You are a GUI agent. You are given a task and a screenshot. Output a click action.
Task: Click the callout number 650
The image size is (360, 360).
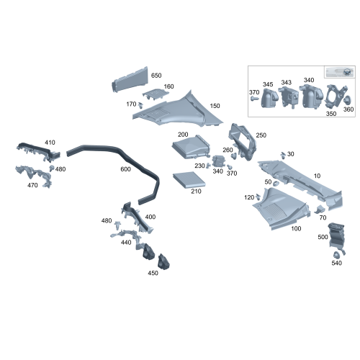pyautogui.click(x=156, y=76)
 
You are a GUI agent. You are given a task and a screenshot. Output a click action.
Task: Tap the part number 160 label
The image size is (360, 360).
pyautogui.click(x=168, y=86)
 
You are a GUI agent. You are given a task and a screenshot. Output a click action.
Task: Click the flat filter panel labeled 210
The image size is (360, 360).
pyautogui.click(x=189, y=180)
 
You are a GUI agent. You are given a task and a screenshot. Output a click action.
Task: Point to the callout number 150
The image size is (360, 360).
pyautogui.click(x=215, y=106)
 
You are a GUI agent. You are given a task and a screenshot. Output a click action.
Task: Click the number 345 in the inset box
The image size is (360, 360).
pyautogui.click(x=268, y=84)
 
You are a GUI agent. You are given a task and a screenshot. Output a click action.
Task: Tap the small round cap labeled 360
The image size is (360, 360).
pyautogui.click(x=347, y=99)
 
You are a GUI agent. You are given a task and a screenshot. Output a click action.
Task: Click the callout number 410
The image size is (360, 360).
pyautogui.click(x=50, y=143)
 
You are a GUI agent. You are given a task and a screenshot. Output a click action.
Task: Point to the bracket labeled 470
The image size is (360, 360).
pyautogui.click(x=34, y=175)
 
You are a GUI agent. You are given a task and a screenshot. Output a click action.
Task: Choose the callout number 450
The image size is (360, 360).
pyautogui.click(x=153, y=273)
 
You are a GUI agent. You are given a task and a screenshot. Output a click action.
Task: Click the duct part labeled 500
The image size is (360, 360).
pyautogui.click(x=336, y=236)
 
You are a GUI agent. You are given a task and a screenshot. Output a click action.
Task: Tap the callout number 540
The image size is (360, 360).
pyautogui.click(x=336, y=263)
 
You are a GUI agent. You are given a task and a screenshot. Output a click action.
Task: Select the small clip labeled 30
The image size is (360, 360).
pyautogui.click(x=283, y=155)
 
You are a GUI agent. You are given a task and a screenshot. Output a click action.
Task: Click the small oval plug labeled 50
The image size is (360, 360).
pyautogui.click(x=276, y=184)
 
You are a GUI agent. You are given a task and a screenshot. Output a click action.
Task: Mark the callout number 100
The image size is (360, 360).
pyautogui.click(x=296, y=228)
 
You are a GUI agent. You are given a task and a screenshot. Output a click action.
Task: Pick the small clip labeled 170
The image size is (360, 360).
pyautogui.click(x=141, y=105)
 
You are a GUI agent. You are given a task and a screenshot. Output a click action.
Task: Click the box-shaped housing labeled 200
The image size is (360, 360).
pyautogui.click(x=191, y=147)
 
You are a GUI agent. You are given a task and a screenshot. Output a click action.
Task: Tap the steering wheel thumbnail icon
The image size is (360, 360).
pyautogui.click(x=346, y=72)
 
